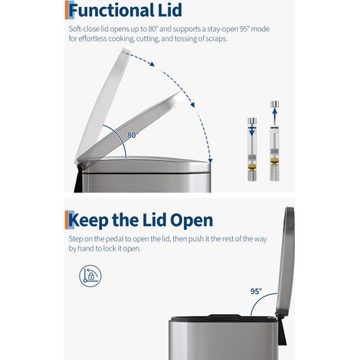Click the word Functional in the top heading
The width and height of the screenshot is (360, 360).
(111, 10)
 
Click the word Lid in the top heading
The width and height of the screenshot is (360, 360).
(169, 10)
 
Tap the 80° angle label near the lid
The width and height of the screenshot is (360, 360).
(133, 135)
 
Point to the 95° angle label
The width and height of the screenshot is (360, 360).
(256, 291)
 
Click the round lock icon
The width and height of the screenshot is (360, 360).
(90, 276)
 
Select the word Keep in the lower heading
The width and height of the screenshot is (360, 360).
(89, 221)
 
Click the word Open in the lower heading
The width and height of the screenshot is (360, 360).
(191, 221)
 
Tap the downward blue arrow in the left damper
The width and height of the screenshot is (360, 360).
(252, 130)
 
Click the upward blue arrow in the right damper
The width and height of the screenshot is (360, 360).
(274, 116)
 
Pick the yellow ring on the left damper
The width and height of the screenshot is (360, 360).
(252, 168)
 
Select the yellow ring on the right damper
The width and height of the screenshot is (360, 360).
(274, 161)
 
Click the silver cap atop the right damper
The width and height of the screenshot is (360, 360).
(274, 104)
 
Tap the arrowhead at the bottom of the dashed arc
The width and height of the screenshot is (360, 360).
(210, 161)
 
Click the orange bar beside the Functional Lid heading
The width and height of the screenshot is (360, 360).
(67, 10)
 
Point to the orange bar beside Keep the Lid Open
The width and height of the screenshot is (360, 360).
(67, 220)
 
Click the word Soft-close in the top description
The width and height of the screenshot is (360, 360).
(80, 29)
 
